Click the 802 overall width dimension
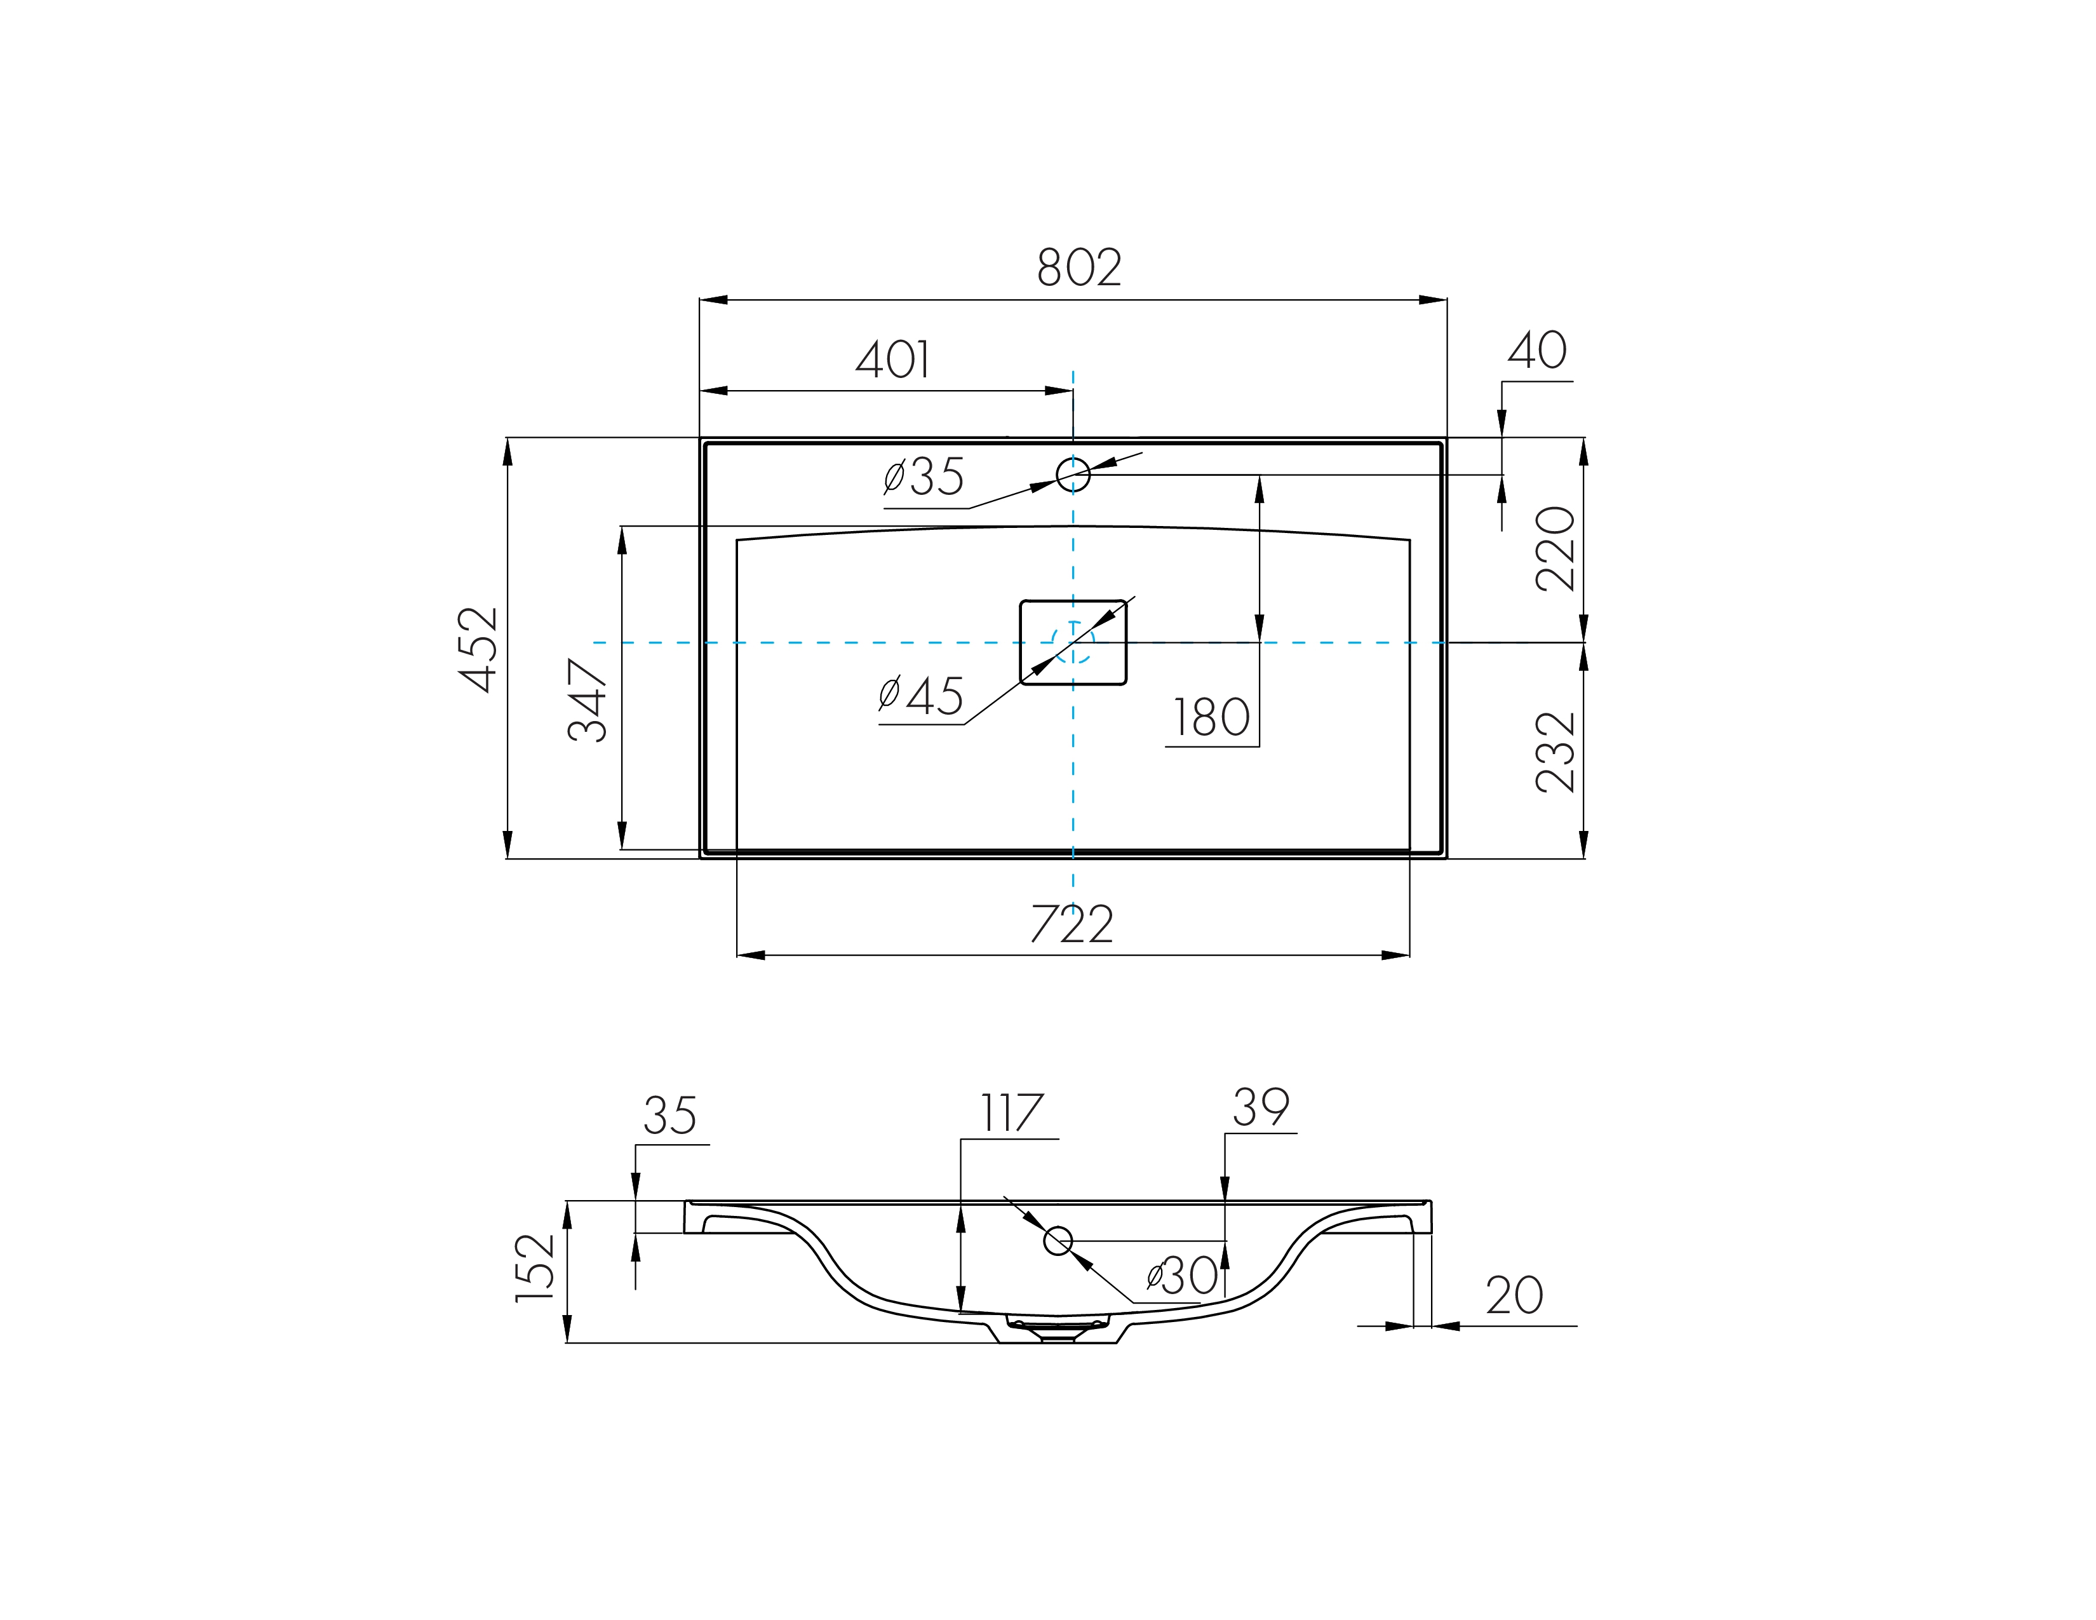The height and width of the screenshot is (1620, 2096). click(x=1078, y=267)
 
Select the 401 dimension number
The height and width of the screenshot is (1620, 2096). click(x=892, y=360)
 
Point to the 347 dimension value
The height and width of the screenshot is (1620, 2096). click(x=588, y=701)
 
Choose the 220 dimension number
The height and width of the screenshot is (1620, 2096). click(x=1555, y=549)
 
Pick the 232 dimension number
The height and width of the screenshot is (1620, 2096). click(x=1555, y=752)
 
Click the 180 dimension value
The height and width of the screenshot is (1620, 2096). click(x=1212, y=718)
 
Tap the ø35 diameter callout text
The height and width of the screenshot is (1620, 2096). click(x=924, y=477)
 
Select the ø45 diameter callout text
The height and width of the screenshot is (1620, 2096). click(x=920, y=696)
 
